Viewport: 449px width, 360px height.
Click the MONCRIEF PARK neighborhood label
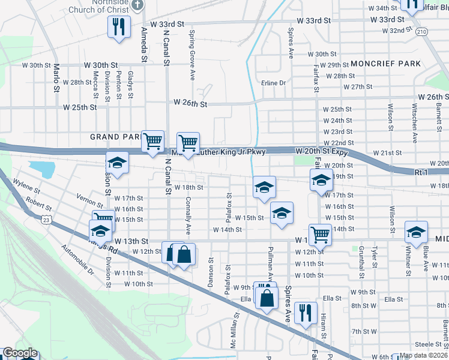point(385,64)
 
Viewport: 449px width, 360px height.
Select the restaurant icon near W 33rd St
point(118,27)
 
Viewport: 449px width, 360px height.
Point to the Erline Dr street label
point(273,83)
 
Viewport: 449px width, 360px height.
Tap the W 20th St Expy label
point(322,152)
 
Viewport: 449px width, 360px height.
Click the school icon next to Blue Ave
point(417,232)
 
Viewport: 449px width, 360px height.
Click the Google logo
point(20,353)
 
